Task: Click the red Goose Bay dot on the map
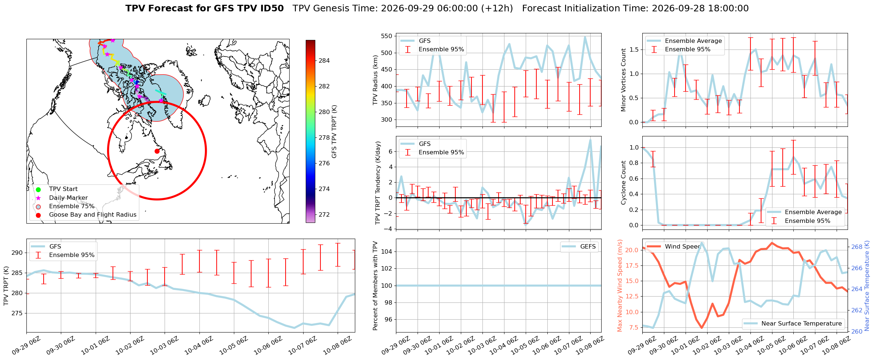tap(157, 151)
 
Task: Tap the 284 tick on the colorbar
tap(324, 61)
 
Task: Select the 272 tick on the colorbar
tap(324, 215)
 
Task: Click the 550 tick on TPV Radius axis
tap(387, 36)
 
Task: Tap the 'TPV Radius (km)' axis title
tap(375, 80)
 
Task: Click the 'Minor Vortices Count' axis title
tap(623, 80)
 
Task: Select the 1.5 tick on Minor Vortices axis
tap(634, 50)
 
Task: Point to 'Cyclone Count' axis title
tap(623, 183)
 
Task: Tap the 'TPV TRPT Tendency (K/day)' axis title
tap(378, 183)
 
